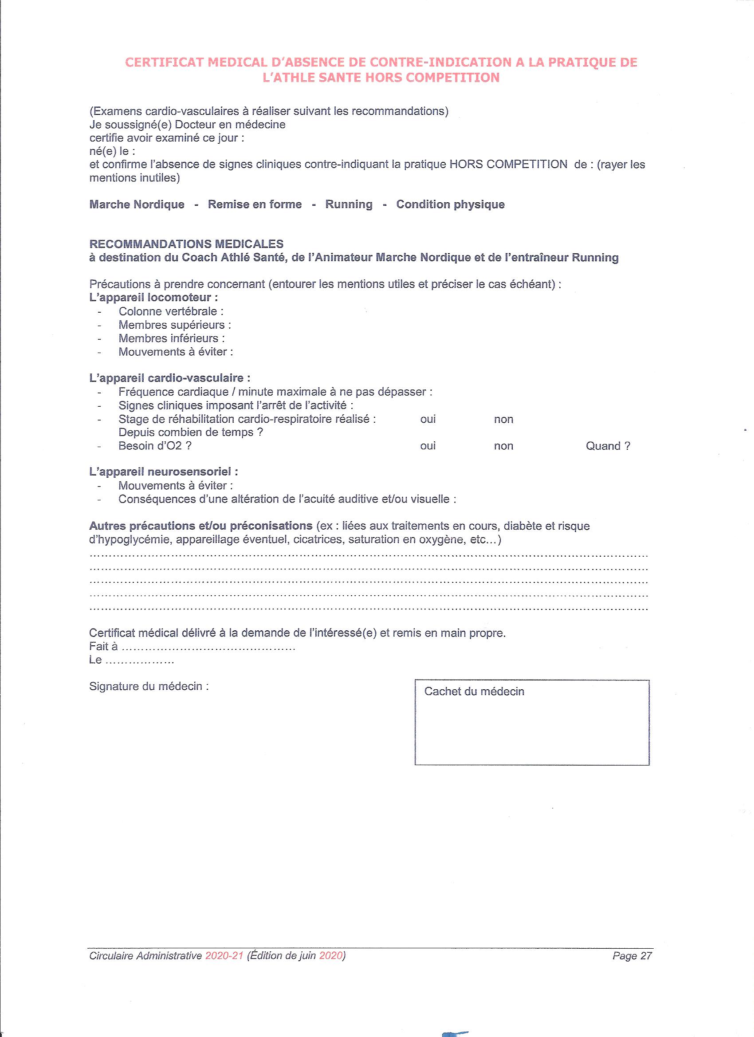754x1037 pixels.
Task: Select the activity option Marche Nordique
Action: coord(137,204)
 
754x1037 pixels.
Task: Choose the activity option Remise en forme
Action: coord(255,204)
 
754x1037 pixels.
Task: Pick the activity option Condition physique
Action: coord(450,204)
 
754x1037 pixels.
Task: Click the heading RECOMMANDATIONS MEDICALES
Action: coord(186,244)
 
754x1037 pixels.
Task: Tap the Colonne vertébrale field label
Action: coord(171,312)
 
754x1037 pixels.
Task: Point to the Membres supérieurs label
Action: coord(174,325)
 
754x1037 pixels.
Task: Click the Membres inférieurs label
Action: coord(172,338)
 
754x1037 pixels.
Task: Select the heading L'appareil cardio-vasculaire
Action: coord(169,378)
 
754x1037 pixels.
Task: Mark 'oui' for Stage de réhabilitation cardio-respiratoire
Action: coord(428,419)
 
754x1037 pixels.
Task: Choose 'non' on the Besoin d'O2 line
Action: coord(503,446)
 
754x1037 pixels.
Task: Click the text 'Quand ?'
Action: coord(608,446)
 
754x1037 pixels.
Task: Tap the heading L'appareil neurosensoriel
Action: coord(163,472)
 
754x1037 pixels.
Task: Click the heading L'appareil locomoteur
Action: coord(153,298)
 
